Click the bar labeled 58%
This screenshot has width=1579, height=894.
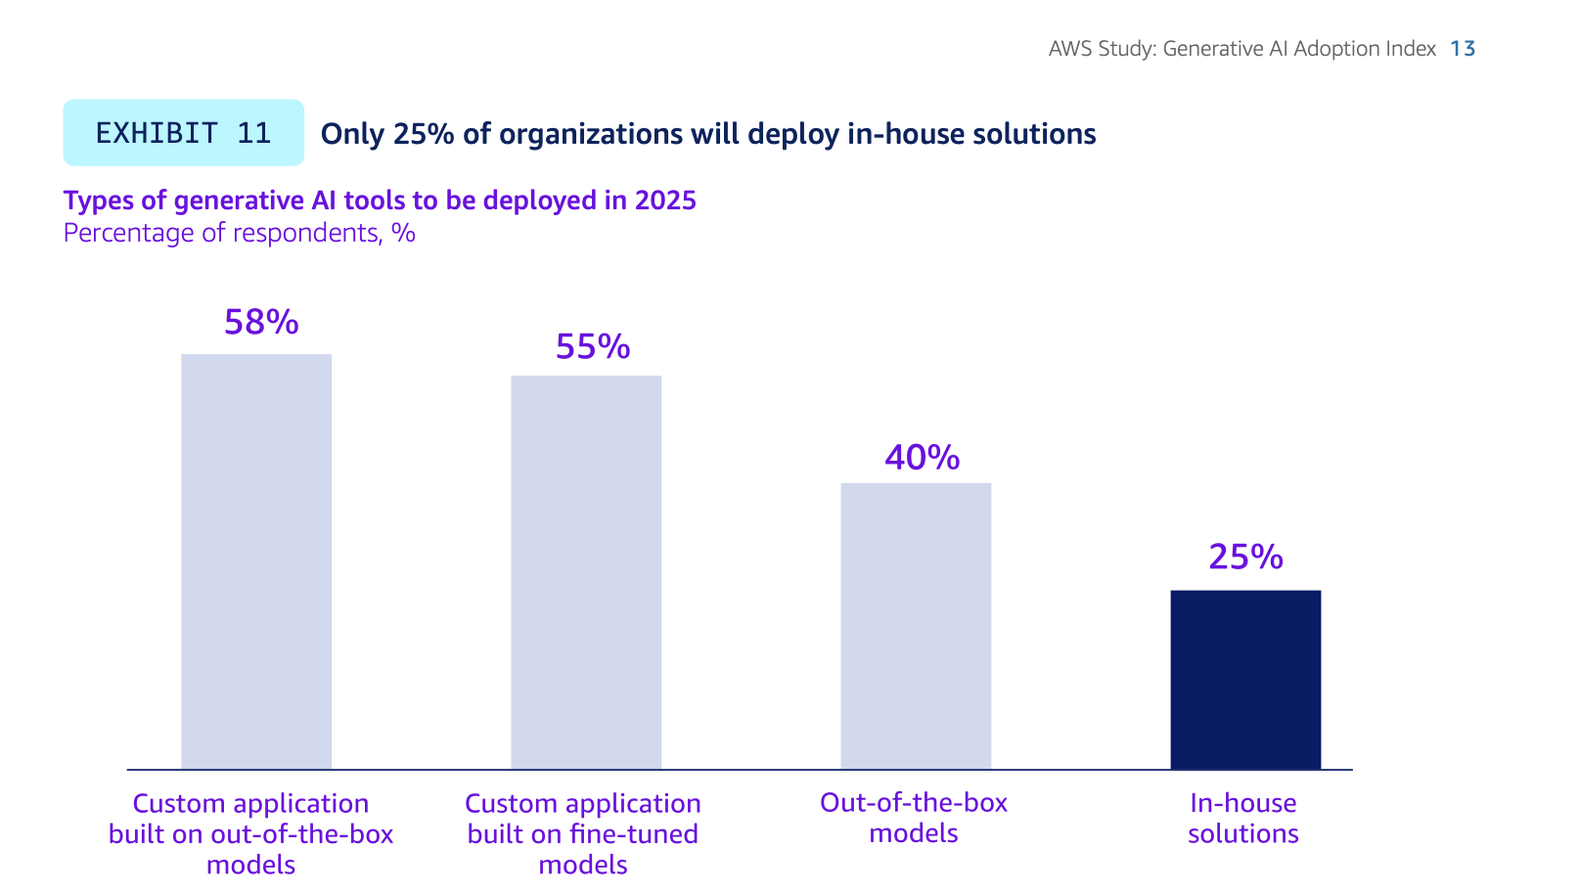tap(256, 561)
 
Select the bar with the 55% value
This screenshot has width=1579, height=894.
tap(586, 572)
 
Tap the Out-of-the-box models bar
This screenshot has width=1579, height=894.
tap(916, 626)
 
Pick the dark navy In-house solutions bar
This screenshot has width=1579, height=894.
tap(1245, 680)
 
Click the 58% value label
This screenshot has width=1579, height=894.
tap(261, 323)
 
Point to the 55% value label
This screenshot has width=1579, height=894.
tap(593, 347)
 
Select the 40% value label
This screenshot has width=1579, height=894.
tap(923, 458)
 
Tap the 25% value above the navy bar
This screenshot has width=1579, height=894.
tap(1245, 558)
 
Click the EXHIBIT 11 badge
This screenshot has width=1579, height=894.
tap(183, 133)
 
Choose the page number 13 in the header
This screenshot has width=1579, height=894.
tap(1463, 49)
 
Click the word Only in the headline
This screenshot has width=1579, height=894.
tap(353, 134)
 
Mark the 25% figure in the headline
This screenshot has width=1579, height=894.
tap(424, 134)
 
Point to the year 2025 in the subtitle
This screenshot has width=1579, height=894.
tap(665, 201)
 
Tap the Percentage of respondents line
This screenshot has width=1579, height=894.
tap(239, 233)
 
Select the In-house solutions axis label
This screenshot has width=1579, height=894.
tap(1243, 819)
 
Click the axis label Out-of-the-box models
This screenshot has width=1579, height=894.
tap(914, 818)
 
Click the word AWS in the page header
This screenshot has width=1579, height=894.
tap(1070, 49)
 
